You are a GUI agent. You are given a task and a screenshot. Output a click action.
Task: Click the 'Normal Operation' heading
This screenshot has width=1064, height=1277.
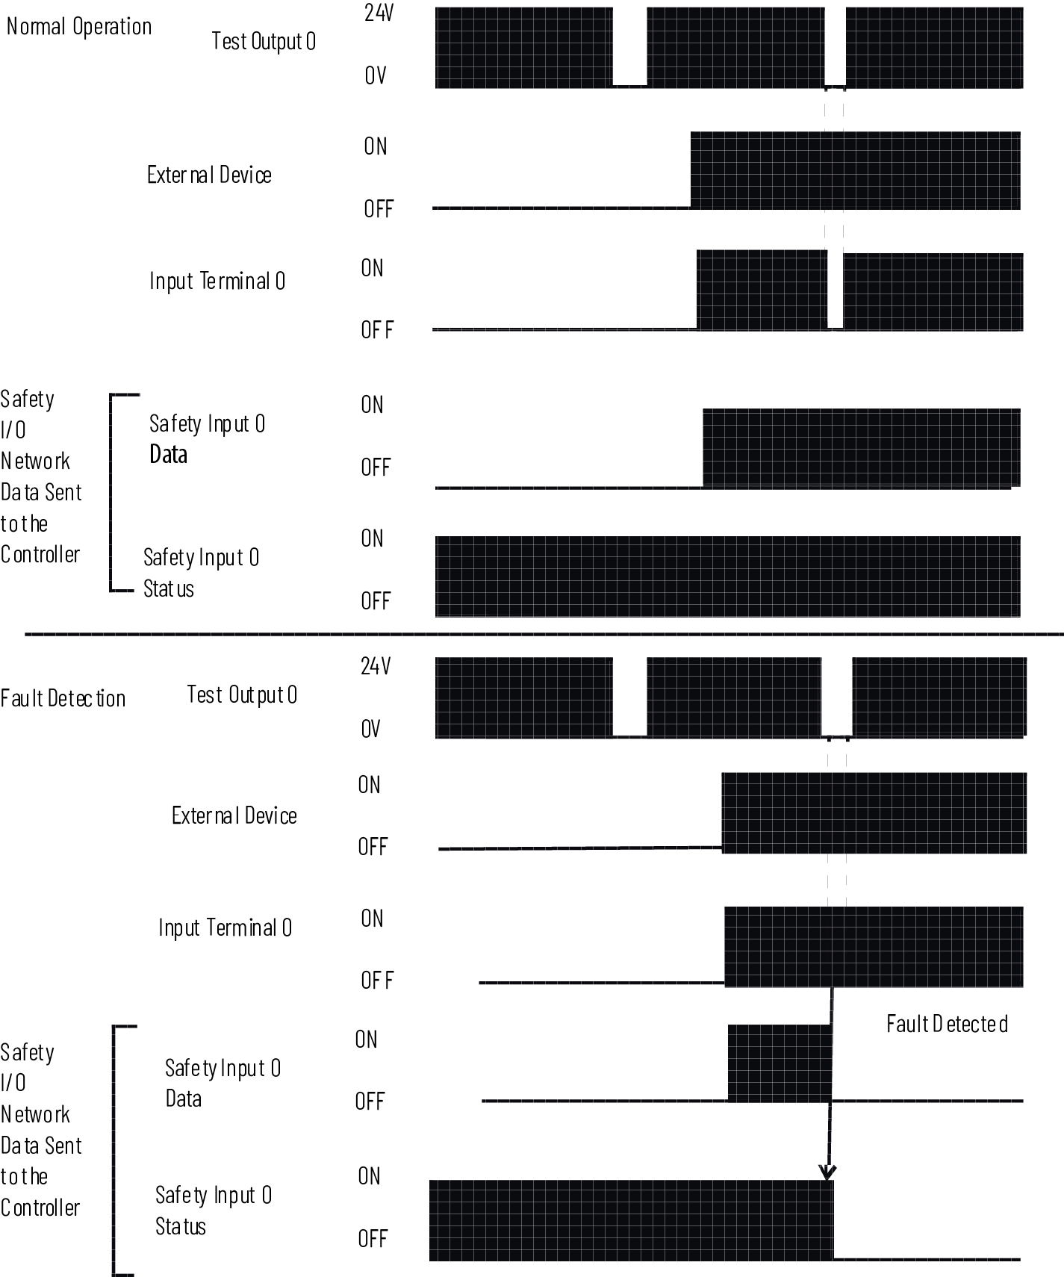coord(79,27)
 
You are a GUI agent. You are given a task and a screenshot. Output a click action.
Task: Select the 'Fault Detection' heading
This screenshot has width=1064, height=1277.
coord(63,699)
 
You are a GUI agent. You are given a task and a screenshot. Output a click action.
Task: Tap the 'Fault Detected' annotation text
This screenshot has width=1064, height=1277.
coord(947,1024)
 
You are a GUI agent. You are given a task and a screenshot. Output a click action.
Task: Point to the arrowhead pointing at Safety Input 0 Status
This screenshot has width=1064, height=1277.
coord(827,1172)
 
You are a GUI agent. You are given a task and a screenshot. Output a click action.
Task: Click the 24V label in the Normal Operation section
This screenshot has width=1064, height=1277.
coord(379,13)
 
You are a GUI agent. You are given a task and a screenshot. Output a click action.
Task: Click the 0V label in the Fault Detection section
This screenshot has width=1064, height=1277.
coord(371,729)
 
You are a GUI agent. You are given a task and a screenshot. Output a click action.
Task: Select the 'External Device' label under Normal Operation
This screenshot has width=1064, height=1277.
coord(209,175)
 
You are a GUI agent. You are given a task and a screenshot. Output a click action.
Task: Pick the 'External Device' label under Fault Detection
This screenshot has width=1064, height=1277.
coord(234,815)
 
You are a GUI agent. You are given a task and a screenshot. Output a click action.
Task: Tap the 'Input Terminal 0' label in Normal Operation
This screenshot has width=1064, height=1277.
coord(217,282)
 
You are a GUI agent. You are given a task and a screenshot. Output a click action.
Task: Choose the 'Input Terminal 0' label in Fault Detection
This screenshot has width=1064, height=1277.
coord(225,928)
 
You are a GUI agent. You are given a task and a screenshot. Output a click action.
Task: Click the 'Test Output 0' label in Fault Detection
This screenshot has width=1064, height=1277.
coord(242,695)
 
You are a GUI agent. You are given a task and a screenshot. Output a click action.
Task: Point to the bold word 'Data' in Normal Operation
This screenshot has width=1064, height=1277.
coord(169,455)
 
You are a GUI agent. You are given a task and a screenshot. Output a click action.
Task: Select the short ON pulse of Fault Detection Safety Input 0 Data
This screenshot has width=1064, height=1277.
coord(779,1063)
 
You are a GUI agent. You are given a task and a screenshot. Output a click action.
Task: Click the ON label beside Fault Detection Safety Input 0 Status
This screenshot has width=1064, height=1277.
coord(370,1176)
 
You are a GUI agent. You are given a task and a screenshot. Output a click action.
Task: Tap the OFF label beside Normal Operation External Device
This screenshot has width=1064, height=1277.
coord(379,210)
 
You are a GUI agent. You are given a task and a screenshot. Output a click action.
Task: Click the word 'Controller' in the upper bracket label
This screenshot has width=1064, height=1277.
coord(40,555)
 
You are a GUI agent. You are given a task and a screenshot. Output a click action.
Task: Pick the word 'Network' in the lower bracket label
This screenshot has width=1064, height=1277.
coord(35,1115)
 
